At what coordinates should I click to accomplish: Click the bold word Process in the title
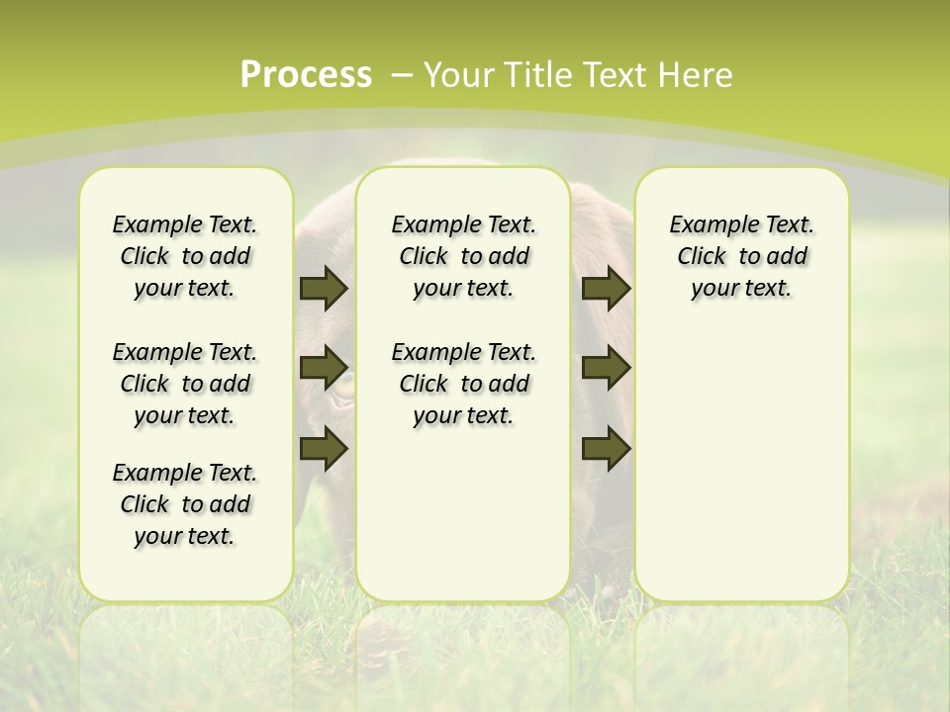[x=306, y=75]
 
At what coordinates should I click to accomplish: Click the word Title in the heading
[x=539, y=75]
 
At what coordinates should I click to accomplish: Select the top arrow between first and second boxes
[x=324, y=289]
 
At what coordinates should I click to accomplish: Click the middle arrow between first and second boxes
[x=324, y=368]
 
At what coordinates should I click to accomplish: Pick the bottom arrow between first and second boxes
[x=324, y=449]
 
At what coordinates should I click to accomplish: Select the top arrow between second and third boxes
[x=606, y=289]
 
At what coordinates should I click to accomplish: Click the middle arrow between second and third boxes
[x=606, y=368]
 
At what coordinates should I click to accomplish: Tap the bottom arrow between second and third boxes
[x=606, y=449]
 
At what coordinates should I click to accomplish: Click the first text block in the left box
[x=185, y=256]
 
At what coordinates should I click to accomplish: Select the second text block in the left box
[x=185, y=384]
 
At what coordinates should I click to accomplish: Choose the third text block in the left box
[x=185, y=504]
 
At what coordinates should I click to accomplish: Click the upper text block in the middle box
[x=463, y=256]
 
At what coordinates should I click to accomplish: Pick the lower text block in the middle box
[x=463, y=384]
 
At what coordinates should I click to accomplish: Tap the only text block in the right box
[x=741, y=256]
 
